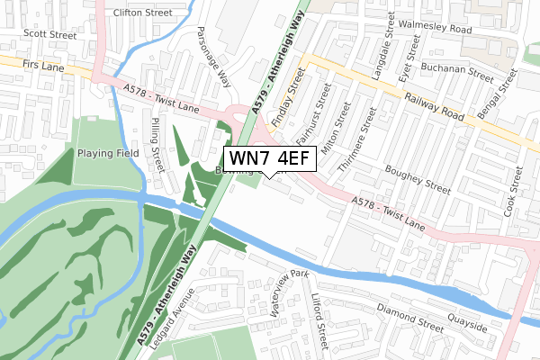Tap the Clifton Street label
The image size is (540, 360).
click(x=143, y=13)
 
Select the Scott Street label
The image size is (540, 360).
click(x=49, y=34)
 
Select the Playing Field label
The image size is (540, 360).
click(x=107, y=153)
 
